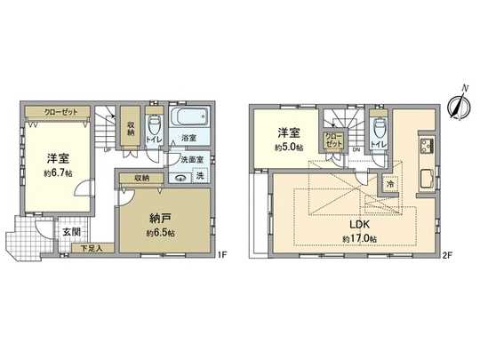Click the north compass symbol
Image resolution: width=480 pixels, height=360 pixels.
click(459, 106)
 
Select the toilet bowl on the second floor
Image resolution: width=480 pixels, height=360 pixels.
click(380, 127)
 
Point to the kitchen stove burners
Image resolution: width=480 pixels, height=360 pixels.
click(424, 147)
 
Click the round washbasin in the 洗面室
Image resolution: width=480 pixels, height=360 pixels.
click(180, 176)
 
